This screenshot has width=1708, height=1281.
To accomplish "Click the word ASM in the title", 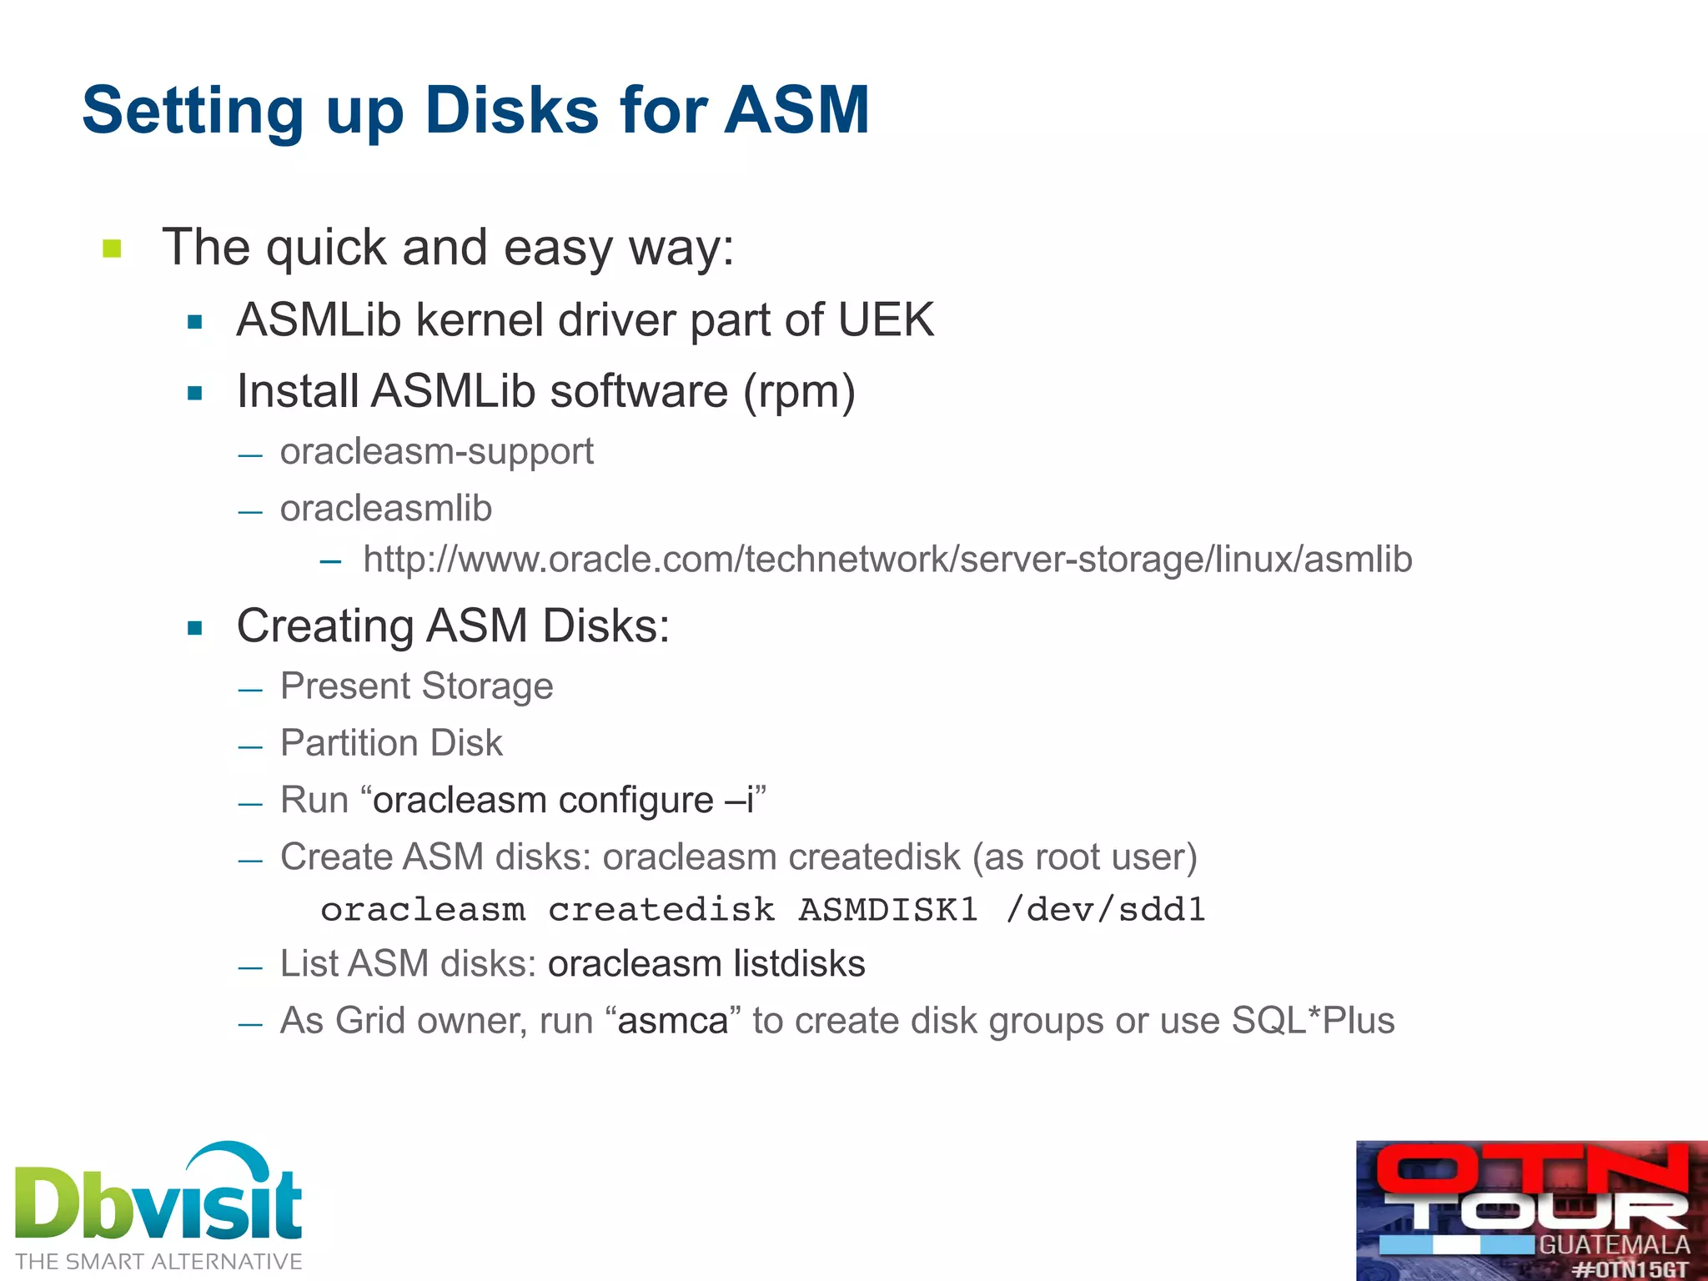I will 796,110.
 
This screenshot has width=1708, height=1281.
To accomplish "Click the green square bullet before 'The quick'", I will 113,249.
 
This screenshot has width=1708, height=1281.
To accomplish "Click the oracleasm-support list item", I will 436,452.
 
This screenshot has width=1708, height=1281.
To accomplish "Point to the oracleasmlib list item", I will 385,509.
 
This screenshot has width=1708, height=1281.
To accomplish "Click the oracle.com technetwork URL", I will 887,560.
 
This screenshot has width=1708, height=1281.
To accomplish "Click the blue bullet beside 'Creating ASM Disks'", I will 195,628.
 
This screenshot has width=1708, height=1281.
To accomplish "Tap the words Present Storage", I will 416,686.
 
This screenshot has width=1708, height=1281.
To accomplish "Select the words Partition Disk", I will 391,743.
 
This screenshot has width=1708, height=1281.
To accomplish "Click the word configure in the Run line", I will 635,800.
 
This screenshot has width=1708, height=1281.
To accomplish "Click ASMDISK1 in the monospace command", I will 887,910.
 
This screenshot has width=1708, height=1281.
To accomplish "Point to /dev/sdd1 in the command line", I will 1105,910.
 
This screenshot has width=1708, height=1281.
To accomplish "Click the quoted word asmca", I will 673,1021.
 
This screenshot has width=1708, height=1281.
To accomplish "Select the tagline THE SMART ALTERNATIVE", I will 158,1262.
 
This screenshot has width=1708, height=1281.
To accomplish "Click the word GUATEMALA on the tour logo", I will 1614,1245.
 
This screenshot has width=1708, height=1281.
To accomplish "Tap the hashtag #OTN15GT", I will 1630,1270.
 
